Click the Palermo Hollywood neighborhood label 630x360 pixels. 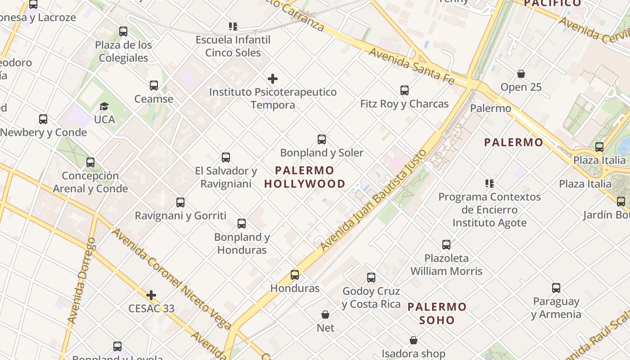(305, 177)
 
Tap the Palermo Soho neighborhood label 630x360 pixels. (437, 314)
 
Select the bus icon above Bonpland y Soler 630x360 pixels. (322, 139)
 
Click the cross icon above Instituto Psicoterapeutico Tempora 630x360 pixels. (273, 79)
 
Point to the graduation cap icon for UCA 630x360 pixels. (104, 107)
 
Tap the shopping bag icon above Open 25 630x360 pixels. (521, 74)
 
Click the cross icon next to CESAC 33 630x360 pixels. (151, 296)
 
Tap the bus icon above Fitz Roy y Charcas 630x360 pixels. (405, 90)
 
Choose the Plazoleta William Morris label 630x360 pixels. (446, 265)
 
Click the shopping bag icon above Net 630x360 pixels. (325, 315)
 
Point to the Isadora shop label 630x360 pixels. (414, 354)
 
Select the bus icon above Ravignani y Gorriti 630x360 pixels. (180, 202)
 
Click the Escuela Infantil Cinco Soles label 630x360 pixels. (233, 46)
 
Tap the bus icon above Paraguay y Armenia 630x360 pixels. (556, 288)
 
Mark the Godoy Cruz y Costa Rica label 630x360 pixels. (371, 297)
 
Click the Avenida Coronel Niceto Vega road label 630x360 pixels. (171, 279)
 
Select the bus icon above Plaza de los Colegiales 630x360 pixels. (123, 31)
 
